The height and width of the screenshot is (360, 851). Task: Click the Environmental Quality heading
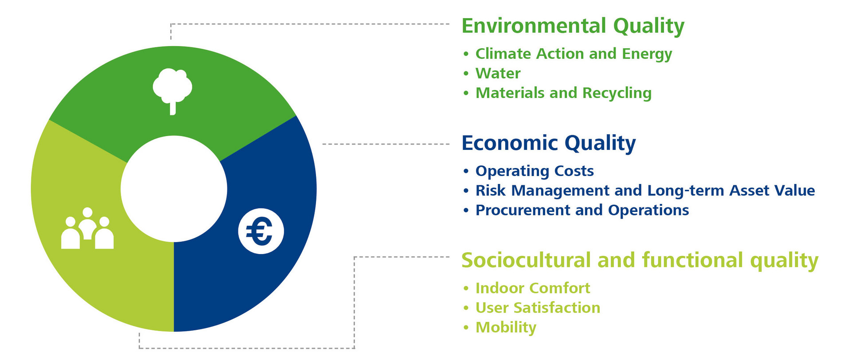point(573,26)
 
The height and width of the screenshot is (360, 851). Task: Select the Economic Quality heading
point(549,143)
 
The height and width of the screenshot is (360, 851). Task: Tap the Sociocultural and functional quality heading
point(640,261)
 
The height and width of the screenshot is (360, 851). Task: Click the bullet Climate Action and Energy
point(574,54)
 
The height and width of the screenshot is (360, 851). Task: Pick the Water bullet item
point(498,73)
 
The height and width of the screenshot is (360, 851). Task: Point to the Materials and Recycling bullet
point(563,93)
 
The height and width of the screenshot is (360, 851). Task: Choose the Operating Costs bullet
point(535,171)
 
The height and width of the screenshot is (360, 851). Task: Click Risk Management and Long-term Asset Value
point(645,191)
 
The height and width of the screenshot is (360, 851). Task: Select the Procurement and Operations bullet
point(582,210)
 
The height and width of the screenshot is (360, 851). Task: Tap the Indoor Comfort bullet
point(533,288)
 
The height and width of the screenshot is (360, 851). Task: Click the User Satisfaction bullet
point(538,308)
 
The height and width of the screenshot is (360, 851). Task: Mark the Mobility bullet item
point(506,328)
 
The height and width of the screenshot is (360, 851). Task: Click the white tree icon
point(172,91)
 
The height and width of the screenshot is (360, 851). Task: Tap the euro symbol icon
point(261,231)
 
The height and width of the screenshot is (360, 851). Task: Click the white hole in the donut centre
point(174,189)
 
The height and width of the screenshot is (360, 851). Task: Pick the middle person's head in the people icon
point(88,212)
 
